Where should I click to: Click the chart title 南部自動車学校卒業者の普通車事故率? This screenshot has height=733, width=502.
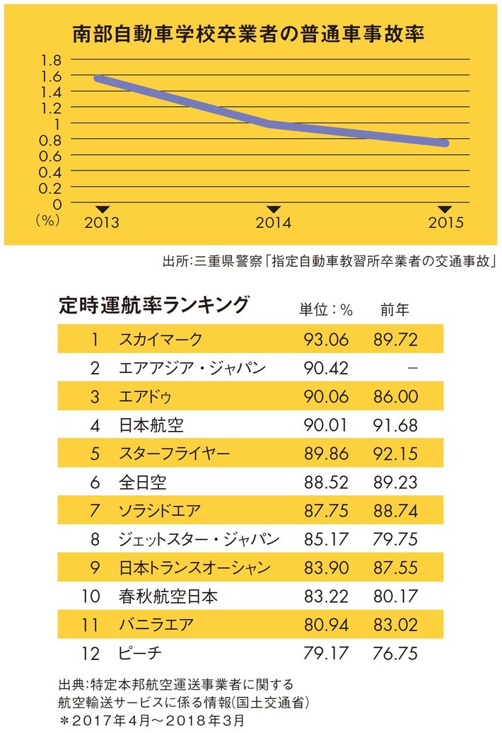point(248,33)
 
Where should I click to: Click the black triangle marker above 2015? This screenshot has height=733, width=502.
point(445,209)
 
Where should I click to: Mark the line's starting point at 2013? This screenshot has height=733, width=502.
point(97,78)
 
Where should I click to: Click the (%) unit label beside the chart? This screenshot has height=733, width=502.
point(46,220)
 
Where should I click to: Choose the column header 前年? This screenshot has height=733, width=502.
point(395,310)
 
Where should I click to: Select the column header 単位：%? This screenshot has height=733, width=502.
point(325,310)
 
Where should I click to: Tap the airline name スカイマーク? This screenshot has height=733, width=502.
point(160,339)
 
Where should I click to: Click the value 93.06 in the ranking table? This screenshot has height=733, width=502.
point(326,339)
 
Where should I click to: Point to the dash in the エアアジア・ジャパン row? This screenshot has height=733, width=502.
point(413,368)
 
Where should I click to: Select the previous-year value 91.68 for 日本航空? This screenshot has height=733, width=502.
point(396,425)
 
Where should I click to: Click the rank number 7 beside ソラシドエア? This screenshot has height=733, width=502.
point(94,511)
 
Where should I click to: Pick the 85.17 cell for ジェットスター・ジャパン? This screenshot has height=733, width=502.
point(326,540)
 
